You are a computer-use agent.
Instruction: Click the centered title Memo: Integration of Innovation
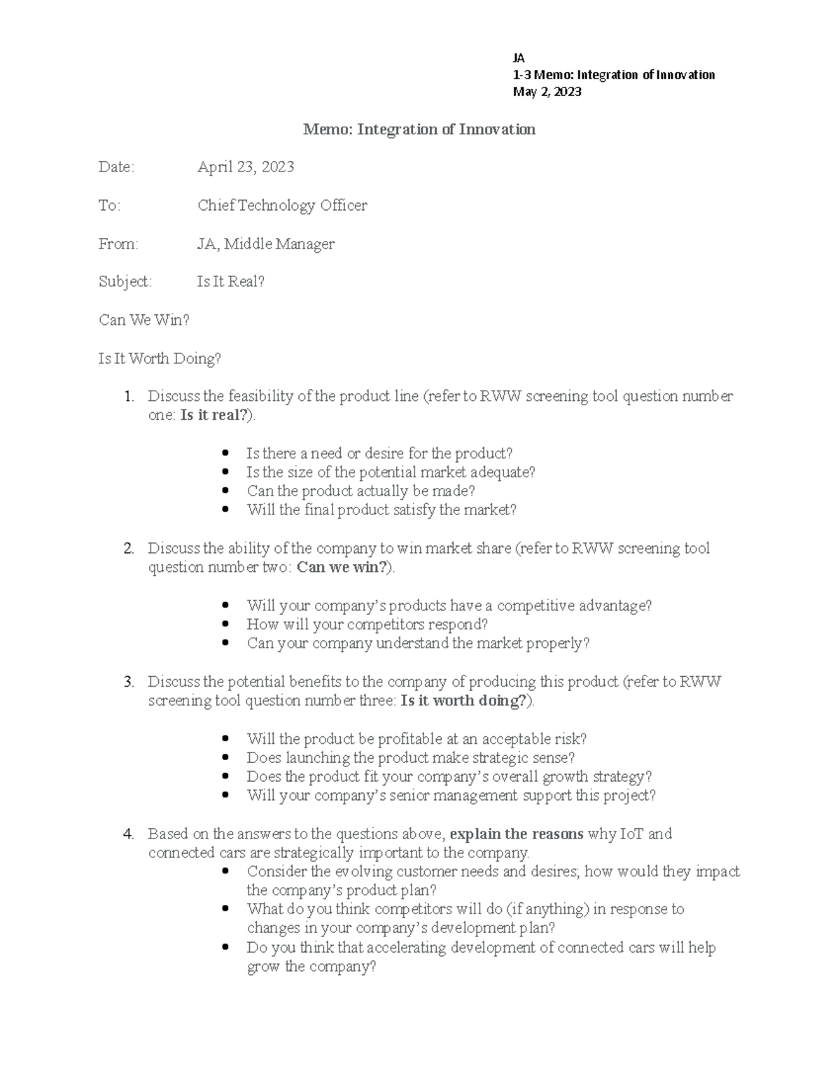[419, 129]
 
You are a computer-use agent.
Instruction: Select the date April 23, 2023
[245, 167]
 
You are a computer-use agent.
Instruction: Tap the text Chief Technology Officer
[282, 205]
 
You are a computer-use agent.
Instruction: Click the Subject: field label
[125, 281]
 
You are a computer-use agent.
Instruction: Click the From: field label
[118, 244]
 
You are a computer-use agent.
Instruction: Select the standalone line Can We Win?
[143, 320]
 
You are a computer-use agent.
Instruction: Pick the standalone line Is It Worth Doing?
[159, 358]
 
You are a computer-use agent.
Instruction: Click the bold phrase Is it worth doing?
[463, 701]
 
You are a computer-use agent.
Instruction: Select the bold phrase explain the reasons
[516, 834]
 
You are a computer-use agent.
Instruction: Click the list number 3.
[128, 682]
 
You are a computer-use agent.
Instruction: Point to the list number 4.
[128, 834]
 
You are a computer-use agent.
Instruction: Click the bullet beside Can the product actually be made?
[225, 491]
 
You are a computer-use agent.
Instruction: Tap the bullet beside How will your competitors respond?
[225, 624]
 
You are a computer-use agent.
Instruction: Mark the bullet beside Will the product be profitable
[225, 738]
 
